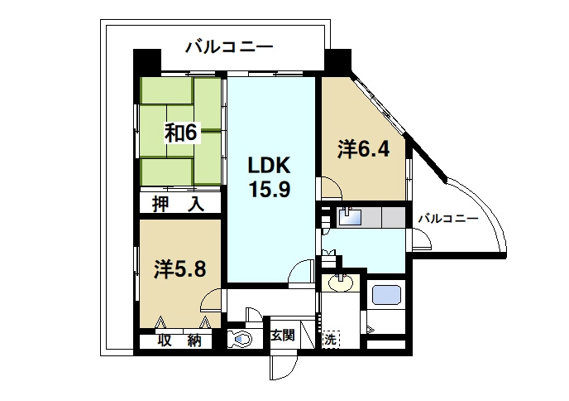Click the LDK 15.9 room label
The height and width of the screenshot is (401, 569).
[269, 177]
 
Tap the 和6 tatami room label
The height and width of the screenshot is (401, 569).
[181, 133]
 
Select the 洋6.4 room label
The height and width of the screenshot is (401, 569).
[364, 149]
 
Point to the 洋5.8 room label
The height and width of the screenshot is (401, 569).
[180, 269]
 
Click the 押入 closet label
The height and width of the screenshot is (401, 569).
[178, 204]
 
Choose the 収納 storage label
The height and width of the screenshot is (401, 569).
[179, 341]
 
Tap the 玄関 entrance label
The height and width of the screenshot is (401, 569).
[282, 336]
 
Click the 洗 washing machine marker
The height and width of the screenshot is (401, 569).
[331, 339]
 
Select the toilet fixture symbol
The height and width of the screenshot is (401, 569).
[240, 339]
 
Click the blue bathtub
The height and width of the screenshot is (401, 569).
[386, 294]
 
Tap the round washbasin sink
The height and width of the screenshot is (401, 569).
[341, 283]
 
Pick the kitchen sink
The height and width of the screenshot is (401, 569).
[349, 217]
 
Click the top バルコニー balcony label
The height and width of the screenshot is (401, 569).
[229, 47]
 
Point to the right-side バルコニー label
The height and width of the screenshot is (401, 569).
[448, 219]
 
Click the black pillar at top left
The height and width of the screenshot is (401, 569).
[147, 62]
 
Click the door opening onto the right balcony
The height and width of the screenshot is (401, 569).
[421, 239]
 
